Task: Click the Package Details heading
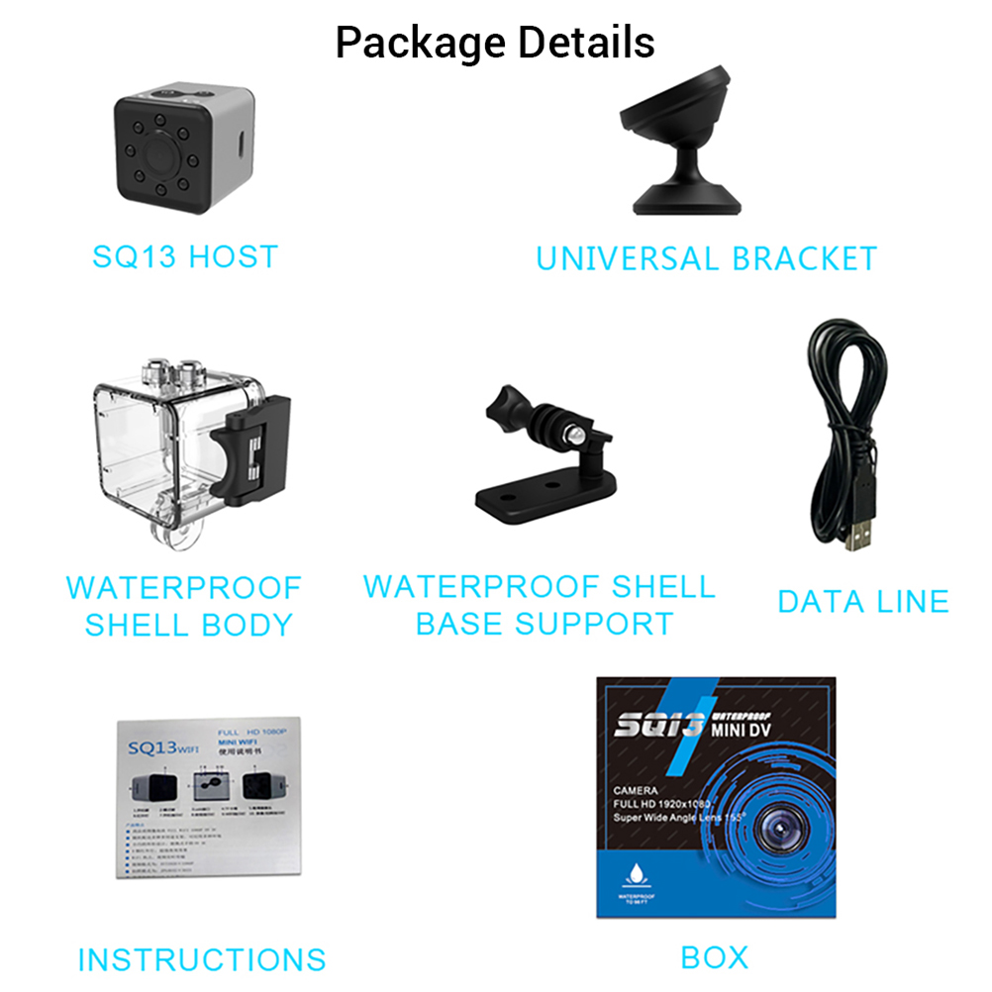(x=495, y=43)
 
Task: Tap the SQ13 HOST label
(x=185, y=257)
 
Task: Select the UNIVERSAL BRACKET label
(x=706, y=258)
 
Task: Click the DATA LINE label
(x=863, y=601)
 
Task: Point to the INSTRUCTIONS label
(x=202, y=959)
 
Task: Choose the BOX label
(x=715, y=957)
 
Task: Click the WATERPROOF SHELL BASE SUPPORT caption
(x=540, y=605)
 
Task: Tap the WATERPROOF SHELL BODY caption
(x=184, y=606)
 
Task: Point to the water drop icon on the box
(x=635, y=875)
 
